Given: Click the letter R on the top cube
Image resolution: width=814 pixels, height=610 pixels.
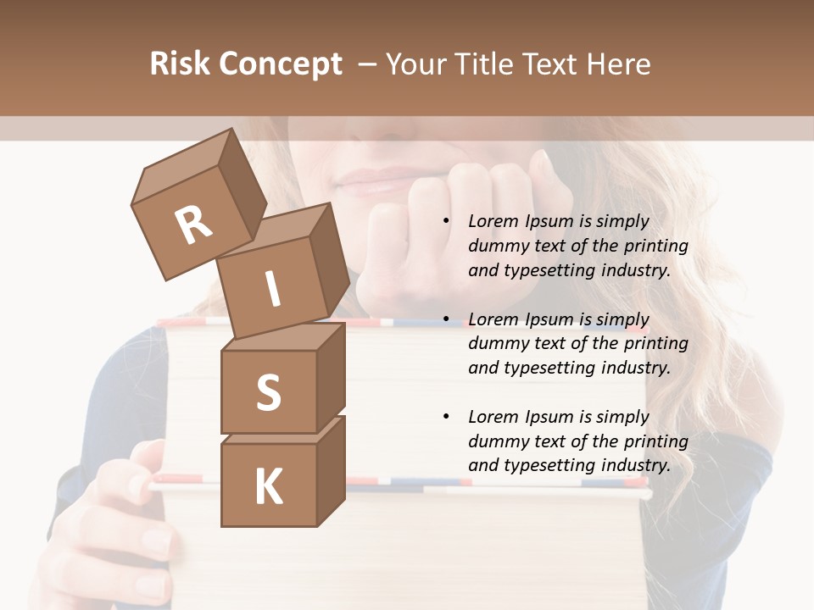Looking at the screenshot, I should point(193,226).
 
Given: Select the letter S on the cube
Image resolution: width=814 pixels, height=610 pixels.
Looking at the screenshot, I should point(268,393).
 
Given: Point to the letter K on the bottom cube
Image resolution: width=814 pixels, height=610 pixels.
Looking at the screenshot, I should point(268,486).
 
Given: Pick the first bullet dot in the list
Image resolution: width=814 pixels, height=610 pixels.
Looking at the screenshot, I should point(446,221).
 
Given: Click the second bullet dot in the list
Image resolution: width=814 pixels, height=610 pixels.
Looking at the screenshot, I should point(446,319).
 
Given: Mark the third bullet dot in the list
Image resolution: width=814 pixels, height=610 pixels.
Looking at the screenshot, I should point(446,417).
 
